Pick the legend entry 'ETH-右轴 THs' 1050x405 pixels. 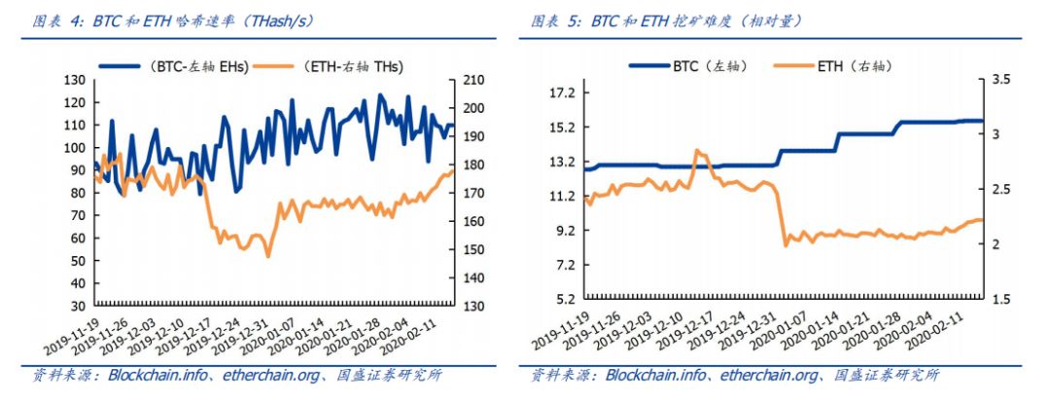tap(351, 67)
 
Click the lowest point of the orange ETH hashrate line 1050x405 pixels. tap(268, 256)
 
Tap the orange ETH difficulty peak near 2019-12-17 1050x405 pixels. tap(697, 151)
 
